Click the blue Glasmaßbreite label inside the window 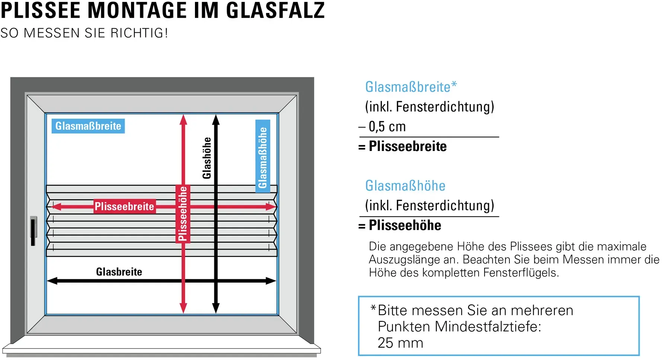pyautogui.click(x=88, y=126)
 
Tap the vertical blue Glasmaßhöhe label pyautogui.click(x=263, y=156)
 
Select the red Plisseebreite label pyautogui.click(x=125, y=206)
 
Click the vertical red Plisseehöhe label pyautogui.click(x=183, y=214)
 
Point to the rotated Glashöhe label pyautogui.click(x=207, y=158)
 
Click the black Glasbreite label pyautogui.click(x=119, y=272)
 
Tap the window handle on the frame pyautogui.click(x=33, y=231)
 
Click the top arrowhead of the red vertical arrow pyautogui.click(x=183, y=119)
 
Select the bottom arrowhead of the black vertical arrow pyautogui.click(x=216, y=308)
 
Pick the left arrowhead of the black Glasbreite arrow pyautogui.click(x=52, y=281)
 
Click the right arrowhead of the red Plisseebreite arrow pyautogui.click(x=271, y=206)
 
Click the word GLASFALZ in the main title pyautogui.click(x=275, y=10)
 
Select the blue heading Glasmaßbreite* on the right pyautogui.click(x=411, y=87)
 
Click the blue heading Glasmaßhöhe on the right pyautogui.click(x=405, y=186)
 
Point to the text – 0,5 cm pyautogui.click(x=382, y=126)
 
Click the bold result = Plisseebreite pyautogui.click(x=402, y=146)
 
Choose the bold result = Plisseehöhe pyautogui.click(x=400, y=225)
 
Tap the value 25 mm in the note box pyautogui.click(x=400, y=343)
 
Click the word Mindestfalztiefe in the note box pyautogui.click(x=488, y=327)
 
